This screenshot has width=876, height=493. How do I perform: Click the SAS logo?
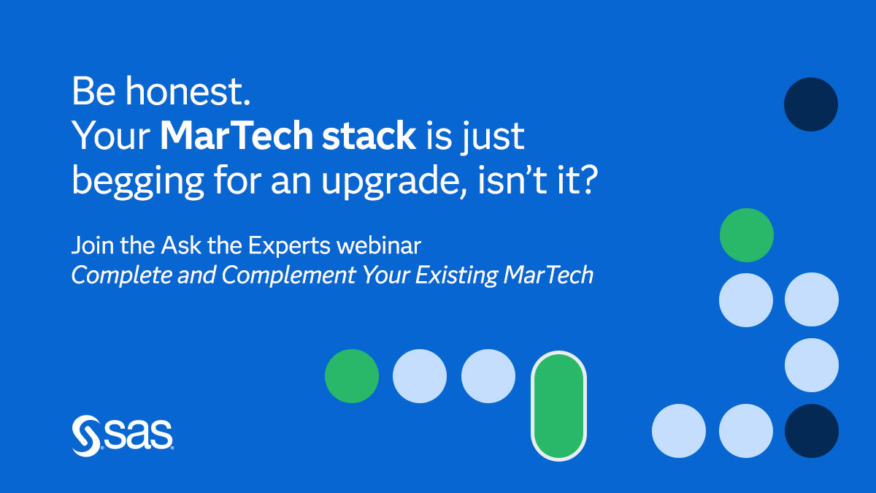coord(123,435)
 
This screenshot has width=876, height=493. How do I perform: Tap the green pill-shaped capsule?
coord(558,406)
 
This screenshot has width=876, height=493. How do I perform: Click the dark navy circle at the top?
coord(811,104)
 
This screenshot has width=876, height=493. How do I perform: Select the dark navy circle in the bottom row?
coord(812,431)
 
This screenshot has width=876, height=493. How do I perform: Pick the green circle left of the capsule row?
coord(352,376)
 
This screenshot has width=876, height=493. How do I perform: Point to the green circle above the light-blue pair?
coord(747,235)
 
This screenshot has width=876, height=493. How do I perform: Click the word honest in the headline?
coord(188,91)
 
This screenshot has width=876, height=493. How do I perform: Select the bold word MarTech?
coord(237,135)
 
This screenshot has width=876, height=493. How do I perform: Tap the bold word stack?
coord(369,135)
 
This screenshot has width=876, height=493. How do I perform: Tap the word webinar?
coord(379,245)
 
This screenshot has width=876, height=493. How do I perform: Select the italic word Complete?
coord(122,275)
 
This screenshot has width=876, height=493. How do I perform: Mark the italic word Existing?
coord(456,275)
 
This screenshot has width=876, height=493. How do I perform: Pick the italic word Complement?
coord(288,275)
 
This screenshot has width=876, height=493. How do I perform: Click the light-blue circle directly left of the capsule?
coord(488,376)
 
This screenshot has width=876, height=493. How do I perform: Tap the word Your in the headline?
coord(112,135)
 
